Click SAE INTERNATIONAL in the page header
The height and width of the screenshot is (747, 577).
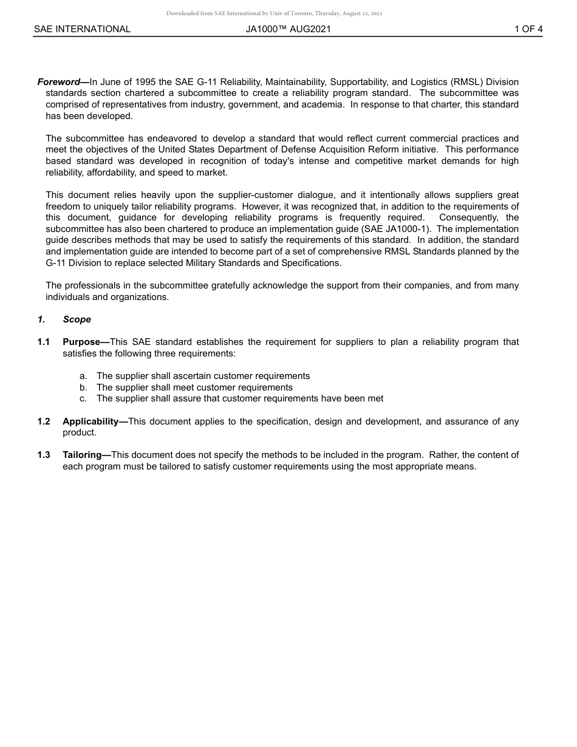(82, 29)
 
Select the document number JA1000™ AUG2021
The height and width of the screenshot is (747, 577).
(288, 29)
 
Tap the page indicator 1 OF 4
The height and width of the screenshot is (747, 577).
(528, 29)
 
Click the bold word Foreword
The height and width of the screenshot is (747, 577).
(59, 82)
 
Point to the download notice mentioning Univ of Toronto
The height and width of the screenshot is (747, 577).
(274, 13)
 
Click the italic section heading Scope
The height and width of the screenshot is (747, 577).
(77, 319)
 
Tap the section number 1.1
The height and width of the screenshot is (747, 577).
(44, 342)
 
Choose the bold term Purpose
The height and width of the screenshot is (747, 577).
(81, 342)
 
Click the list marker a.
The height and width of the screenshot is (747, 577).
(83, 376)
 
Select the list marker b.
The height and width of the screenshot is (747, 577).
(83, 387)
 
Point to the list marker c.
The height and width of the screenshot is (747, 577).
(83, 398)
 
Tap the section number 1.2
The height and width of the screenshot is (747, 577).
(44, 421)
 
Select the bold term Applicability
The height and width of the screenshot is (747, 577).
(90, 421)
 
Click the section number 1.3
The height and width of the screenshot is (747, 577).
(44, 455)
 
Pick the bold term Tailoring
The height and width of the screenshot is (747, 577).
(82, 455)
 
